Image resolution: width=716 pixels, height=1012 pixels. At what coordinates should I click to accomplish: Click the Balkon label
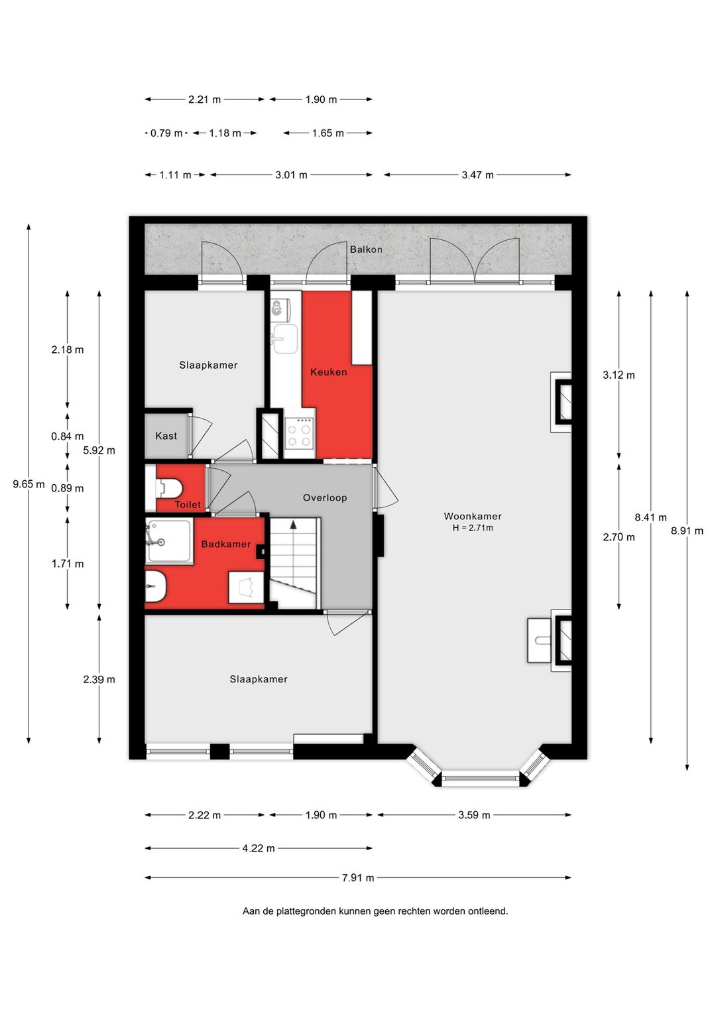[366, 249]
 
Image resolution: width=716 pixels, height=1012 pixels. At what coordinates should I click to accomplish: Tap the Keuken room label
[328, 372]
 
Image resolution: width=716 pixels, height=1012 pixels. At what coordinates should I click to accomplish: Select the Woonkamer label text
[473, 516]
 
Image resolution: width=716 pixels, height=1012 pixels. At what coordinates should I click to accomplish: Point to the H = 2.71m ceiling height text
[473, 528]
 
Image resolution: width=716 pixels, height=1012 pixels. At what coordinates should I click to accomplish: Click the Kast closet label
[166, 436]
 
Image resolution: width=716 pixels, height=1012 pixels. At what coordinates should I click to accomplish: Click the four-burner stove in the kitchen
[300, 432]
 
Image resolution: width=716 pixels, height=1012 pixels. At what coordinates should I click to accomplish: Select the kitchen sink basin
[284, 339]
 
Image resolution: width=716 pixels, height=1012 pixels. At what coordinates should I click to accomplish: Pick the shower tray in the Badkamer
[169, 541]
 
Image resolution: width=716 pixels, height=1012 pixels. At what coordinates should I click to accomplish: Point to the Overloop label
[325, 497]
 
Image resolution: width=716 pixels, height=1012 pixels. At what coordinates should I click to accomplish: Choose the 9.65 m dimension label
[29, 484]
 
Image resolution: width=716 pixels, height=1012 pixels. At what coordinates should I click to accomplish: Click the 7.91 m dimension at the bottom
[358, 878]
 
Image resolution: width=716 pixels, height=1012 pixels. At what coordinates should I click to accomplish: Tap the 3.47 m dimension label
[477, 175]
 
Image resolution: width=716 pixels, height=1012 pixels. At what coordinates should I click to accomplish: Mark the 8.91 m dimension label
[687, 531]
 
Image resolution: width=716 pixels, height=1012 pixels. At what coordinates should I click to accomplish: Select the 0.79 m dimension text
[166, 133]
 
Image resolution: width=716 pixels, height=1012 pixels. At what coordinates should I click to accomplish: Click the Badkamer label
[226, 544]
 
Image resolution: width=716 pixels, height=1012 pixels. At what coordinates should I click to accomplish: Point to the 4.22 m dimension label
[259, 848]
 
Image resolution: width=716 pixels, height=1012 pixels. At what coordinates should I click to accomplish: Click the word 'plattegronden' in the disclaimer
[306, 911]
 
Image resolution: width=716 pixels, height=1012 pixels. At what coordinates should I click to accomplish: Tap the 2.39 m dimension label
[99, 680]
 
